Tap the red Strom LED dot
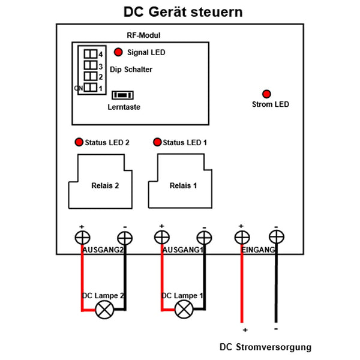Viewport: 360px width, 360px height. point(266,94)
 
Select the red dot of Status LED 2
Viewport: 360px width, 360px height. point(79,142)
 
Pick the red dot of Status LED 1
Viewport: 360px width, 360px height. point(157,142)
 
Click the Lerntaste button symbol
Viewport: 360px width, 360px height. point(123,94)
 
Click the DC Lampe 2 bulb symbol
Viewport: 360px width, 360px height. point(106,310)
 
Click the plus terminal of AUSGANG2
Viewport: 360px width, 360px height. point(82,237)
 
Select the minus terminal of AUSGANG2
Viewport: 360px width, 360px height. point(124,237)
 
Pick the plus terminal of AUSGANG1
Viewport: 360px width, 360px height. point(161,237)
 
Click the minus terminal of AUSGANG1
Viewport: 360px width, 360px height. point(203,237)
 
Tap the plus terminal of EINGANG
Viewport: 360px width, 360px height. point(240,237)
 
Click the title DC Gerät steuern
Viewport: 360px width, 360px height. point(184,12)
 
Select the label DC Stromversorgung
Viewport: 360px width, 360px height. point(265,347)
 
